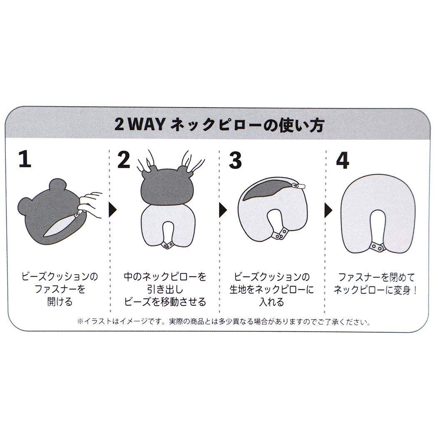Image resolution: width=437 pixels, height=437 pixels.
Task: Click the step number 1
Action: point(25,159)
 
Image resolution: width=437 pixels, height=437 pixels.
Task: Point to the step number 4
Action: point(343,160)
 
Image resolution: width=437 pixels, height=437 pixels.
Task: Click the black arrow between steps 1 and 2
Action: point(113,210)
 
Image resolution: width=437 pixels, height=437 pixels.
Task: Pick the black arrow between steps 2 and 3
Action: point(223,210)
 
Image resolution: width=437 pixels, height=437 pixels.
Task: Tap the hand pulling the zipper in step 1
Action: point(90,204)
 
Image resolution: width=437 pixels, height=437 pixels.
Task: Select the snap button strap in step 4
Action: point(377,247)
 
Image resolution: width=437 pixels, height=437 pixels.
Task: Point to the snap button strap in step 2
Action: point(167,245)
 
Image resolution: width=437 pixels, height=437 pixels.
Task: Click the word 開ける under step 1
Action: point(60,302)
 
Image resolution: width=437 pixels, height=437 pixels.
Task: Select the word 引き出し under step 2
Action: point(165,289)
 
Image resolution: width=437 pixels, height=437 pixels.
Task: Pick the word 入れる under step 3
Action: point(271,302)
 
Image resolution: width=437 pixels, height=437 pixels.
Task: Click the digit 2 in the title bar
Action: point(119,124)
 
